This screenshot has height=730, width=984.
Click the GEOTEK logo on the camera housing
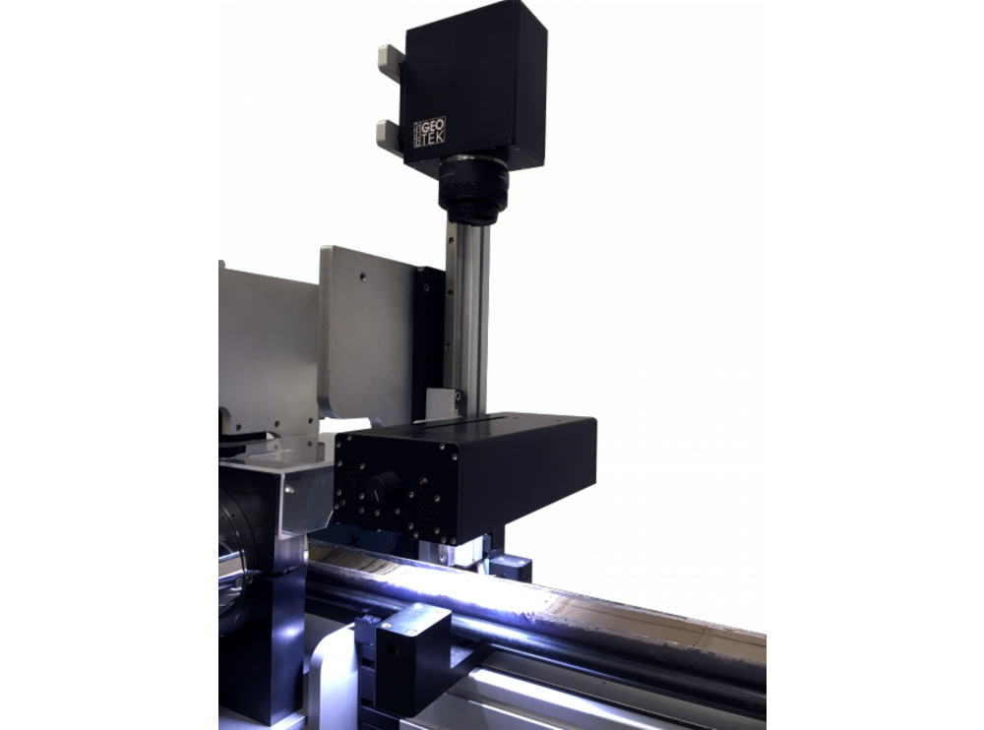(x=429, y=132)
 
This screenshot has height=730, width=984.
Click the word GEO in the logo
(x=433, y=124)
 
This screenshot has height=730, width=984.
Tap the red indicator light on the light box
(x=423, y=484)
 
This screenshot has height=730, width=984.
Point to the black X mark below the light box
(x=355, y=539)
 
